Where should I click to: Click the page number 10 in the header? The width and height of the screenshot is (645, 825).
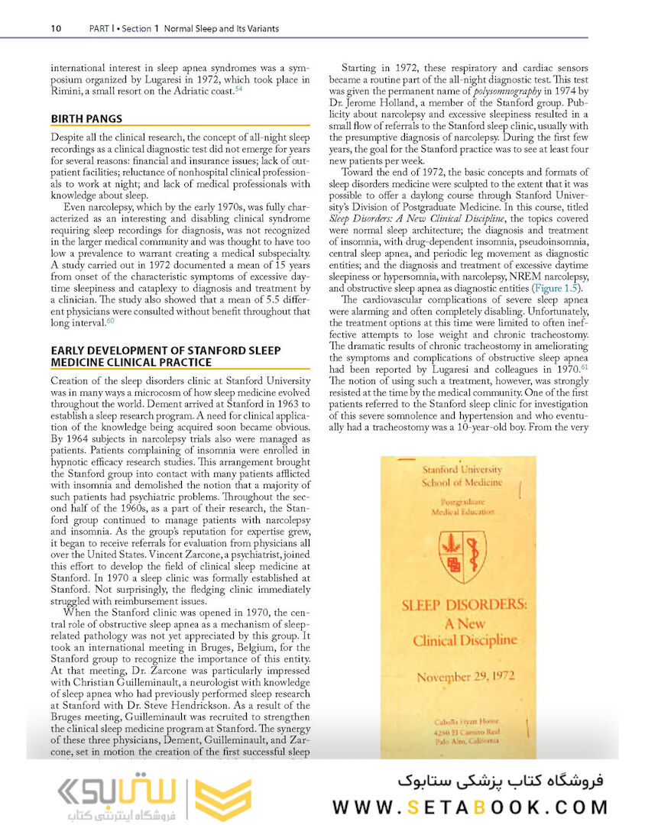[56, 29]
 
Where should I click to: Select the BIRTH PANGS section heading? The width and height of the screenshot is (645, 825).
[86, 118]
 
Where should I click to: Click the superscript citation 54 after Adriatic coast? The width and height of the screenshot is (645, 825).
[238, 89]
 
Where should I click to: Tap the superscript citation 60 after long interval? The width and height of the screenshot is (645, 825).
[110, 323]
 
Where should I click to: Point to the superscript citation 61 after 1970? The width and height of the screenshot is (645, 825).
[584, 368]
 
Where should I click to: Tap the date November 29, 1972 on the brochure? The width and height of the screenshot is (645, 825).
[465, 676]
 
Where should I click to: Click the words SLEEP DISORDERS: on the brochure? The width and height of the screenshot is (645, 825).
[465, 604]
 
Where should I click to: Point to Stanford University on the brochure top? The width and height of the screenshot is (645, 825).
[462, 470]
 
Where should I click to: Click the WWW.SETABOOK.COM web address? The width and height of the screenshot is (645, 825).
[470, 807]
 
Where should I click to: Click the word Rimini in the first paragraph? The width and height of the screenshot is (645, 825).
[64, 92]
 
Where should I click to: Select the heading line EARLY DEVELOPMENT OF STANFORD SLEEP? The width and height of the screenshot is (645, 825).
[165, 350]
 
